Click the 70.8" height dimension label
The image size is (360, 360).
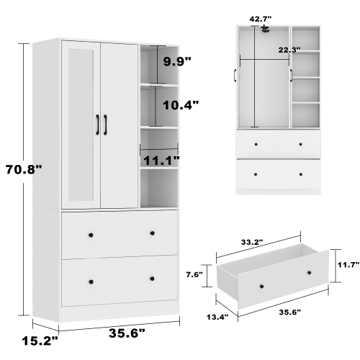point(24,170)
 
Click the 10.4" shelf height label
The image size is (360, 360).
point(180,105)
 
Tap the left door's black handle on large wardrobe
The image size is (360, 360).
point(96,124)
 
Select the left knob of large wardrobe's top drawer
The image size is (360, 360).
point(90,234)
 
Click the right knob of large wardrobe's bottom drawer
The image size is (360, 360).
point(152,279)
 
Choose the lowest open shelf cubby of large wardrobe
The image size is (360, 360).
point(158,189)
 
